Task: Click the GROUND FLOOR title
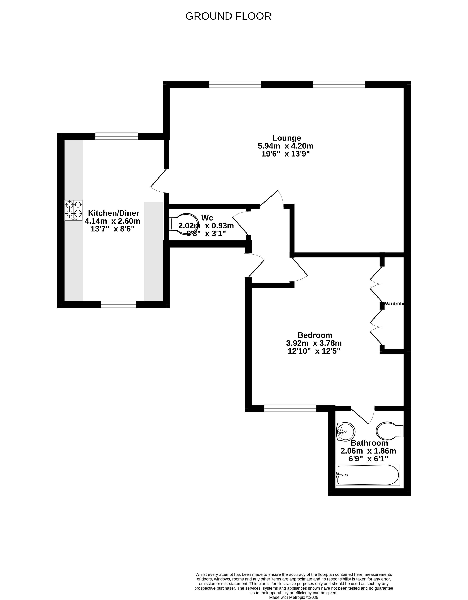(228, 16)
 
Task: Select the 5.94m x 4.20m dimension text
(285, 146)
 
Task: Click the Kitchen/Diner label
(114, 213)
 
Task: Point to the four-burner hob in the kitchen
(74, 210)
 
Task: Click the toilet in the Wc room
(183, 224)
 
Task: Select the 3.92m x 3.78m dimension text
(314, 343)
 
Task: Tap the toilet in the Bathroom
(389, 431)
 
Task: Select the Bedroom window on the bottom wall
(290, 408)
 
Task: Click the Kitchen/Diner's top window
(116, 136)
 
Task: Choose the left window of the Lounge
(235, 84)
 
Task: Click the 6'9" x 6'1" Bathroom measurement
(368, 459)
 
